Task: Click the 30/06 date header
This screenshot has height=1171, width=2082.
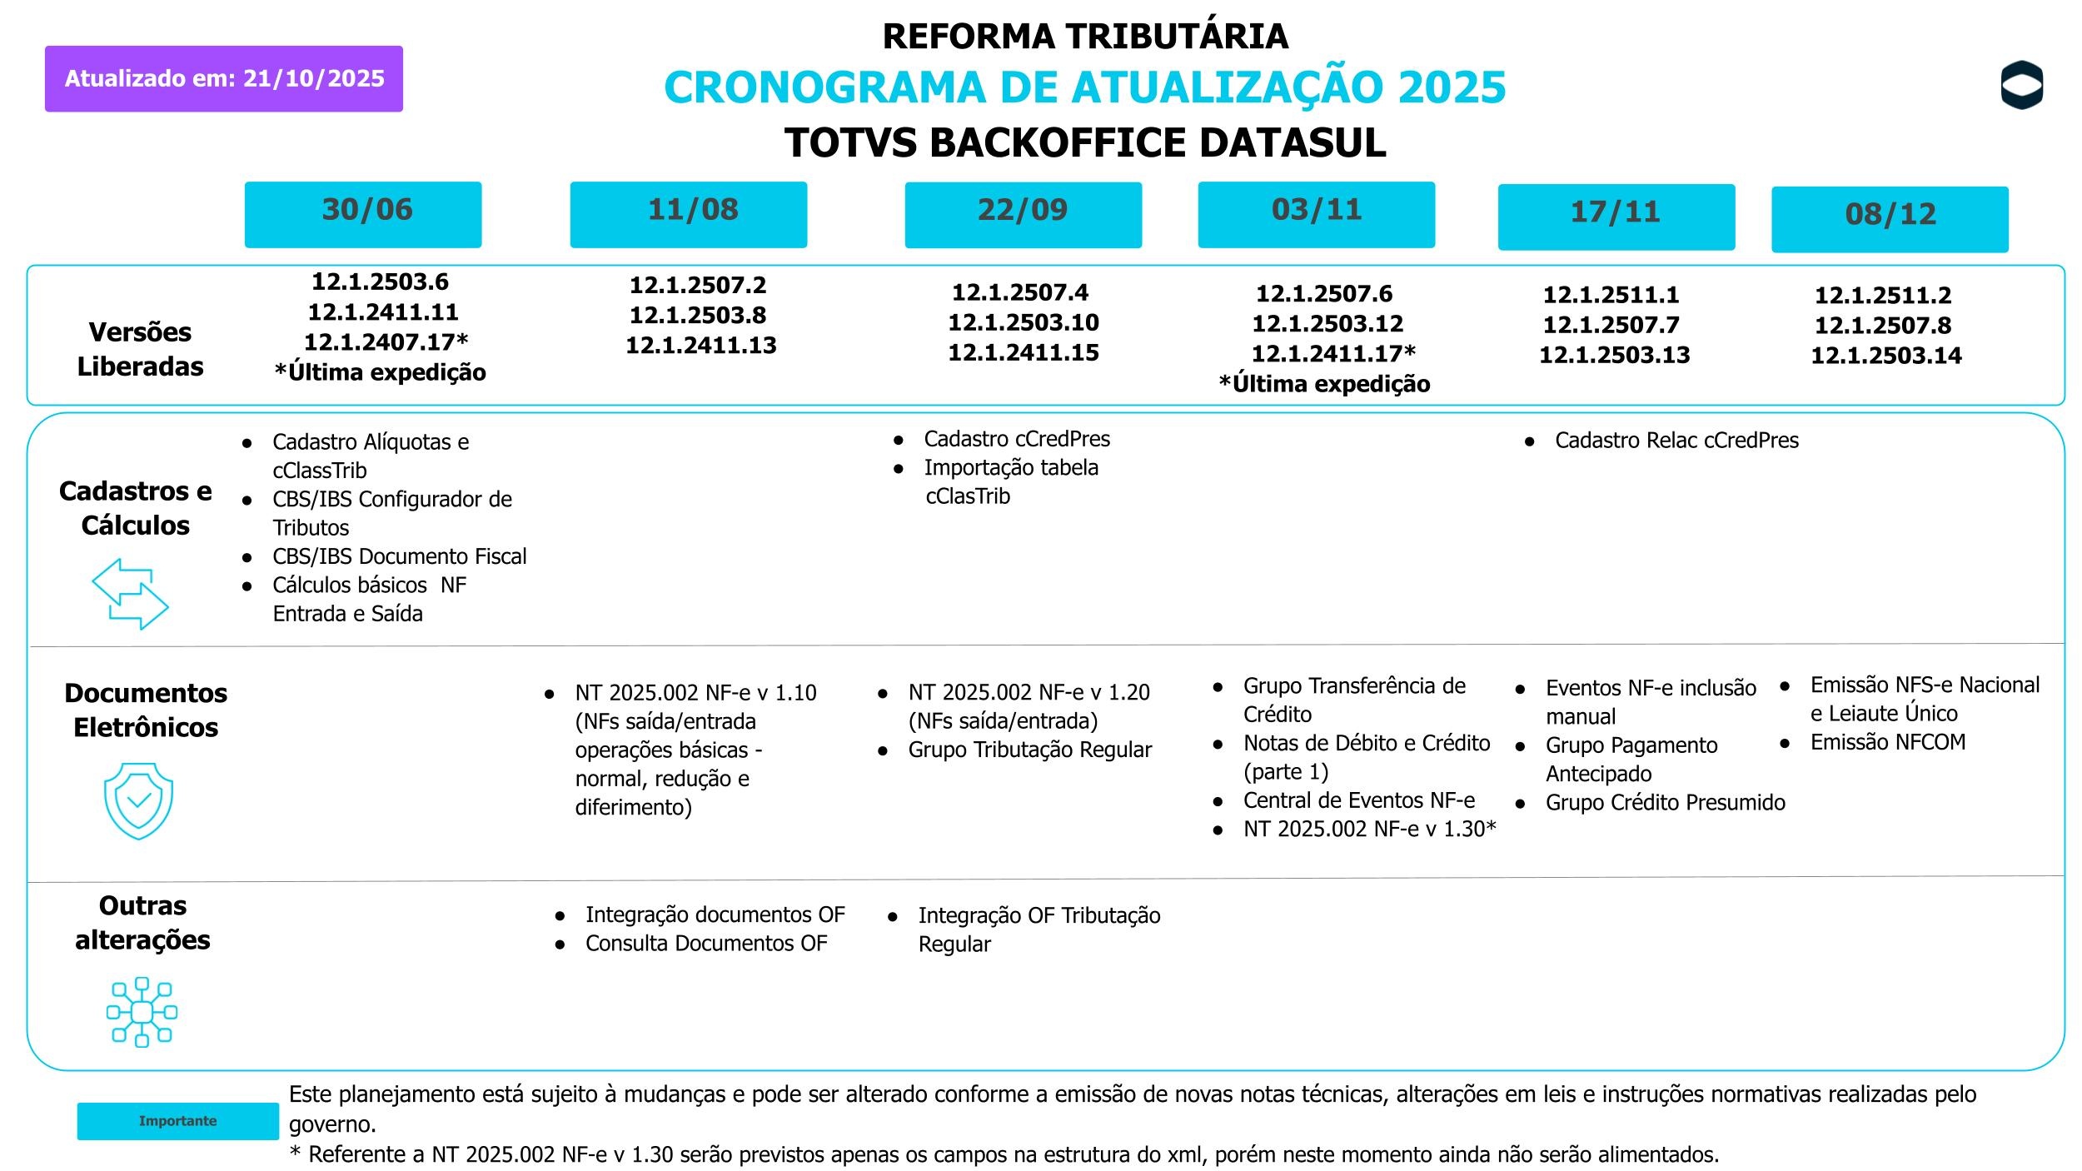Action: pyautogui.click(x=363, y=214)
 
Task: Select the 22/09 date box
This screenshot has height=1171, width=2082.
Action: pyautogui.click(x=1023, y=214)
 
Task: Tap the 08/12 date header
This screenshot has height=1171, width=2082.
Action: pyautogui.click(x=1890, y=218)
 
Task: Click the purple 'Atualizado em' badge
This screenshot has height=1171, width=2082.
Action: pyautogui.click(x=224, y=79)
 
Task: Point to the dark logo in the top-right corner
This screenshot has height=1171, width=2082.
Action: pyautogui.click(x=2021, y=85)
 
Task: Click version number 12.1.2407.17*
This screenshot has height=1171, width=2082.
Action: pyautogui.click(x=386, y=342)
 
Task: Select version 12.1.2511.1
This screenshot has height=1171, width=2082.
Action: pyautogui.click(x=1611, y=295)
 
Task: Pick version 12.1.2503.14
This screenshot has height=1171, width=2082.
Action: pyautogui.click(x=1886, y=356)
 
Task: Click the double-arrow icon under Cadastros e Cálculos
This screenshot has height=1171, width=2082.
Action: pyautogui.click(x=130, y=594)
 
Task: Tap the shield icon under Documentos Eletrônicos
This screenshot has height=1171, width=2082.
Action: pyautogui.click(x=138, y=800)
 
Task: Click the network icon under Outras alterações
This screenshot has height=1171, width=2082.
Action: pyautogui.click(x=142, y=1012)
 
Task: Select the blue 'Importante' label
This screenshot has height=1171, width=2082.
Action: pyautogui.click(x=177, y=1121)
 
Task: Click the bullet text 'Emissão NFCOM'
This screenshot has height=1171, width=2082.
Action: pyautogui.click(x=1887, y=742)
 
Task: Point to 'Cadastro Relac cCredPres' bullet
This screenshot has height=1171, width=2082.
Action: pyautogui.click(x=1676, y=441)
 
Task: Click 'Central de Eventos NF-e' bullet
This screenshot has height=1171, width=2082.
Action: pyautogui.click(x=1358, y=800)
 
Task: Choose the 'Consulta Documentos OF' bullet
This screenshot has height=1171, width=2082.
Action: pyautogui.click(x=705, y=944)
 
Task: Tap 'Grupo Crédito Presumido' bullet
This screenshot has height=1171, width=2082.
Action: pyautogui.click(x=1665, y=803)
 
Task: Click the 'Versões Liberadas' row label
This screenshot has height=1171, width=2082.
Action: pyautogui.click(x=140, y=349)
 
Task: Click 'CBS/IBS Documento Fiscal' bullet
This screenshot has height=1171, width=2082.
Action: pyautogui.click(x=399, y=556)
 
